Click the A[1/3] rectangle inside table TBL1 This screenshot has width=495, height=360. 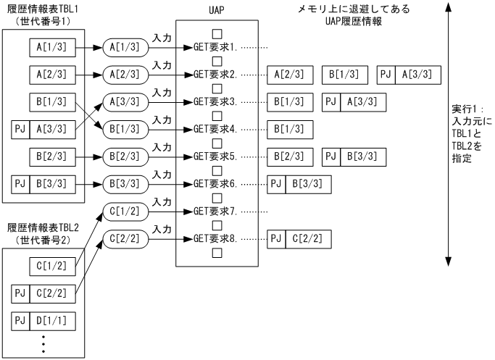pos(52,47)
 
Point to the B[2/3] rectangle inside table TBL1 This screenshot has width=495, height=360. pos(52,156)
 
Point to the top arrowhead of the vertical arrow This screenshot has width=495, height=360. pos(449,7)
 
